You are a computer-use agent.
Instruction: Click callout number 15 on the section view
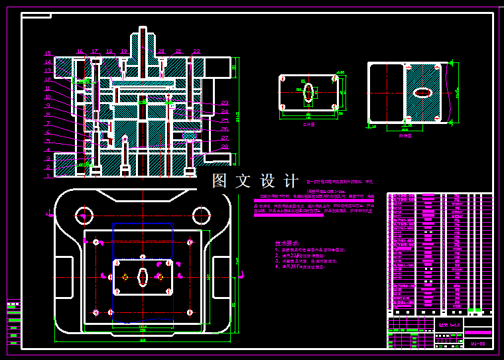click(48, 52)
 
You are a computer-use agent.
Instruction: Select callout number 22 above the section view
click(196, 51)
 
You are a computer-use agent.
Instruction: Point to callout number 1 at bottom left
click(48, 176)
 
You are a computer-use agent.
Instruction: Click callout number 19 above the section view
click(124, 51)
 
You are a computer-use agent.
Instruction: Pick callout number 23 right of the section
click(224, 103)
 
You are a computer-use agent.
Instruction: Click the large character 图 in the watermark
click(220, 181)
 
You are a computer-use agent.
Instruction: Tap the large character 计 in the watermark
click(290, 181)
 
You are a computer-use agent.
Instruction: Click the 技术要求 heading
click(287, 243)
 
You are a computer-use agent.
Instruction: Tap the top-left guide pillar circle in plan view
click(84, 214)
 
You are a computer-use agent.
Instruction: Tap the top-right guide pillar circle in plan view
click(202, 214)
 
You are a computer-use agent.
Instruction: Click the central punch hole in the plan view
click(143, 277)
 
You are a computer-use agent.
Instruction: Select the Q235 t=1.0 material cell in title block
click(449, 325)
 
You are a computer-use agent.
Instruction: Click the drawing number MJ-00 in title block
click(478, 343)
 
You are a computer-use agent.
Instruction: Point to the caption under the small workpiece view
click(308, 123)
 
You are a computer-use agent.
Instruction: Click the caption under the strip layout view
click(405, 135)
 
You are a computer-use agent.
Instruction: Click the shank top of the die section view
click(143, 29)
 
